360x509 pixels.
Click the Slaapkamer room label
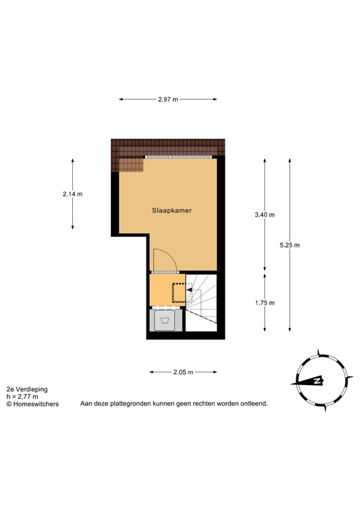coord(171,210)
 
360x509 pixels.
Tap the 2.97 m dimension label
coord(168,99)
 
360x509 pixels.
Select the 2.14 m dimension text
coord(72,194)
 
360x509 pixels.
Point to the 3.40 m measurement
coord(265,214)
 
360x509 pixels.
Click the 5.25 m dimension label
coord(290,245)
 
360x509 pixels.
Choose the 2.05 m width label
coord(183,372)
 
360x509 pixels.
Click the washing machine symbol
coord(165,321)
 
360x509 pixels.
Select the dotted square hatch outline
coord(179,292)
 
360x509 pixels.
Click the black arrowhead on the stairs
coord(189,290)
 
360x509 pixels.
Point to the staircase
coord(202,302)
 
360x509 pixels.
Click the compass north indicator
coord(318,381)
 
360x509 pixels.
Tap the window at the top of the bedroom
coord(179,156)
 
